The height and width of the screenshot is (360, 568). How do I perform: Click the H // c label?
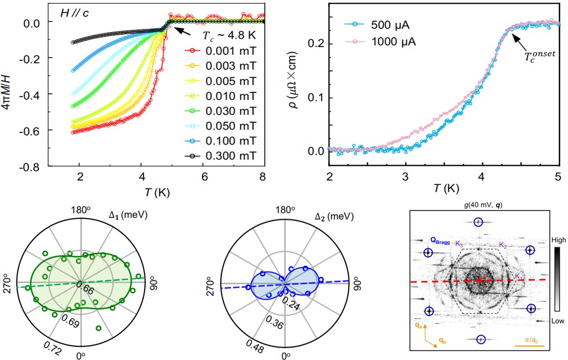tap(75, 13)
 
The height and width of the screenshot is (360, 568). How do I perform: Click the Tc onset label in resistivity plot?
tap(541, 56)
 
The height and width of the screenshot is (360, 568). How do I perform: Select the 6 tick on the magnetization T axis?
tap(204, 177)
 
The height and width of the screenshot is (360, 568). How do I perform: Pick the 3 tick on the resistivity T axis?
tap(406, 177)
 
